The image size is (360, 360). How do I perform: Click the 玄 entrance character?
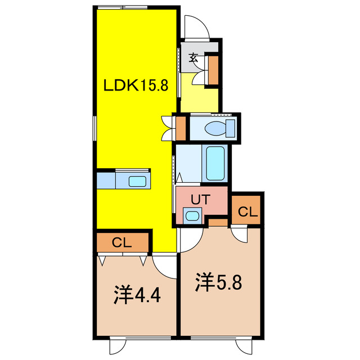pos(193,57)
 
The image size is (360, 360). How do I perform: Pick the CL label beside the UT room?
pos(247,212)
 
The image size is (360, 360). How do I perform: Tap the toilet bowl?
pos(217,127)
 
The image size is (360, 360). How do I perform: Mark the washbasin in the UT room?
pos(192,215)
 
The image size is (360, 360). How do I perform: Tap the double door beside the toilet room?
pos(167,128)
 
